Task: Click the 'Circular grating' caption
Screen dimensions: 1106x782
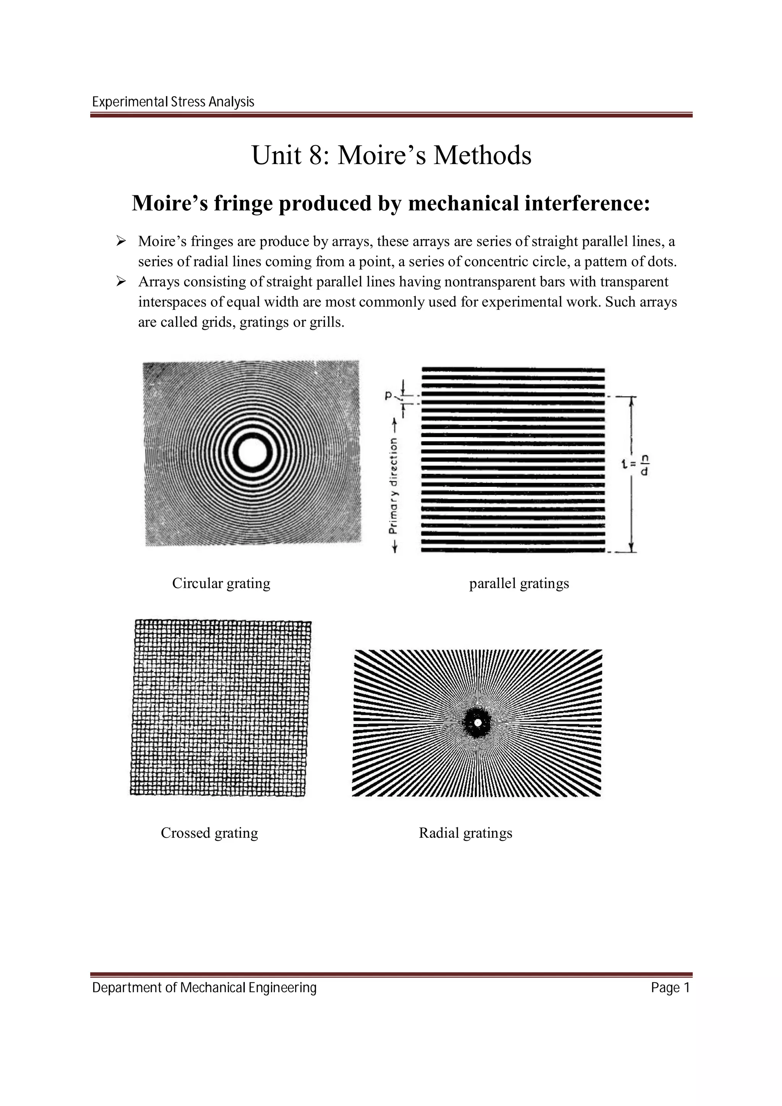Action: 221,584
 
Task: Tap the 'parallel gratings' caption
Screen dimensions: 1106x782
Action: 519,584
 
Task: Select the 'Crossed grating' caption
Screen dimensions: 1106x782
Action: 209,832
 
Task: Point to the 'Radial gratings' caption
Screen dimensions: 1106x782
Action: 465,832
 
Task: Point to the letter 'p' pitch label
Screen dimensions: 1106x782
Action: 388,395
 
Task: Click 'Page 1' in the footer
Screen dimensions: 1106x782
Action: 670,988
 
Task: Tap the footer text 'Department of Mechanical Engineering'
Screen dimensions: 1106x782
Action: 204,988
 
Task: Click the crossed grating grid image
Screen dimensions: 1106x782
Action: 220,708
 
